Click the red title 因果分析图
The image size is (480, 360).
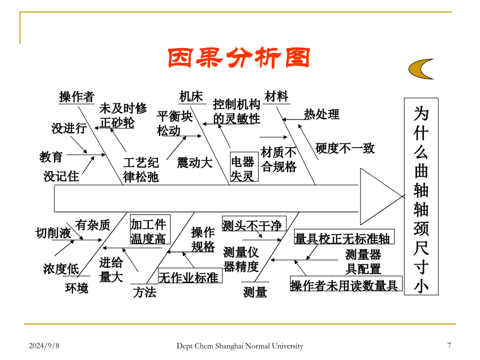[239, 58]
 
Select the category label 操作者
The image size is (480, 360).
[76, 97]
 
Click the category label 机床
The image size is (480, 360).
[191, 97]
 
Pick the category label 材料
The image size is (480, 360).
[276, 97]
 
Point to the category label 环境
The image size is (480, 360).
[76, 288]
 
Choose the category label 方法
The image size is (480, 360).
[145, 292]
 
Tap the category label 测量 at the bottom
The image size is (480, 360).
[255, 292]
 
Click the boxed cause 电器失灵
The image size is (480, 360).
[244, 167]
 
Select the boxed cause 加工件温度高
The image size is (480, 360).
[150, 229]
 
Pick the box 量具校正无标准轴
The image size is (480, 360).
[344, 237]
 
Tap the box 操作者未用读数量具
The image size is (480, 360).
[346, 284]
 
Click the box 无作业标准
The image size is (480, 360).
[190, 276]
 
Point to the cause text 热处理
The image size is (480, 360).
[322, 114]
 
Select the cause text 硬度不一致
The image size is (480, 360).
[345, 148]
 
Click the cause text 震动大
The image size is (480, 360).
[195, 163]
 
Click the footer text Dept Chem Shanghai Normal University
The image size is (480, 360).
[240, 346]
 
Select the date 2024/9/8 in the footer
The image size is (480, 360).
[44, 346]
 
